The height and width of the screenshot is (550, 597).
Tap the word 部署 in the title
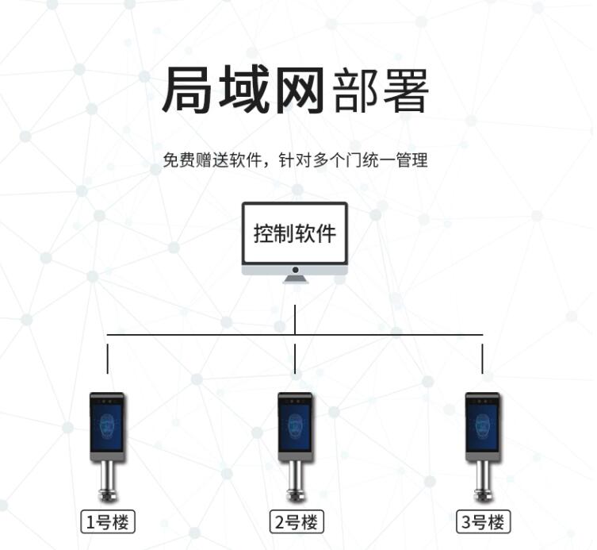tap(381, 93)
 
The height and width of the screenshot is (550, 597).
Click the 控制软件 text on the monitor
tap(295, 234)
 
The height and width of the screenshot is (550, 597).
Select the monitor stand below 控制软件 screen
tap(295, 279)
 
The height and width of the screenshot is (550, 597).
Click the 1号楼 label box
tap(108, 522)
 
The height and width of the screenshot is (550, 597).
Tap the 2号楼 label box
tap(296, 522)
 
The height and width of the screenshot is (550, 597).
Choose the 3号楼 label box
tap(483, 522)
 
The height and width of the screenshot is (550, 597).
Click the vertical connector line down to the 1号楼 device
tap(108, 355)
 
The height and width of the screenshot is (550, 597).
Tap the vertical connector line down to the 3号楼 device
tap(483, 355)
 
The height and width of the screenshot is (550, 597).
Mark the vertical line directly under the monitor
tap(295, 317)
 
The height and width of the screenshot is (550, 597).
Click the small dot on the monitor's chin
tap(295, 270)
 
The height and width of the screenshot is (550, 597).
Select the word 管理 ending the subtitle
tap(413, 160)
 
